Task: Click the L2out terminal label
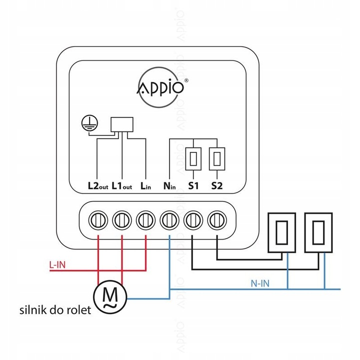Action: click(97, 186)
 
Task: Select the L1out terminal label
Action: click(121, 186)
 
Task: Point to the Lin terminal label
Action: click(145, 186)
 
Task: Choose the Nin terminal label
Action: click(169, 186)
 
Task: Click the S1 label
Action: click(193, 186)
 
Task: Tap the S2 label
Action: click(216, 186)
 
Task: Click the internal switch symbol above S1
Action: click(193, 159)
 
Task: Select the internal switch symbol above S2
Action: click(216, 159)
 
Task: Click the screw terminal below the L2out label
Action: click(97, 219)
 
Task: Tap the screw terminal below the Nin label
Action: click(169, 219)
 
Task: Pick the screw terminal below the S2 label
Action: click(217, 219)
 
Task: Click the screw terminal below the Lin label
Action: click(145, 219)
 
